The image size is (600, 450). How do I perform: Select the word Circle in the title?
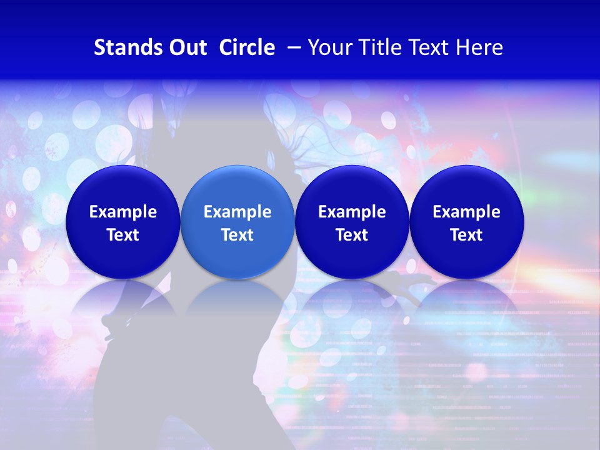click(x=247, y=47)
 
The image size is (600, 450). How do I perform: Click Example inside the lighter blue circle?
click(x=237, y=212)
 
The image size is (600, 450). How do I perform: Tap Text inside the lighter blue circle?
click(x=237, y=235)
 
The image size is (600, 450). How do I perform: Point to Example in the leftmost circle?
click(x=122, y=212)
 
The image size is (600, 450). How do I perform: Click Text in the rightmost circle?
click(x=467, y=235)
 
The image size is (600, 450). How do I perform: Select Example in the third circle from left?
click(x=352, y=212)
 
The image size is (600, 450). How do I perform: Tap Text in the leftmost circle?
click(x=122, y=235)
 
